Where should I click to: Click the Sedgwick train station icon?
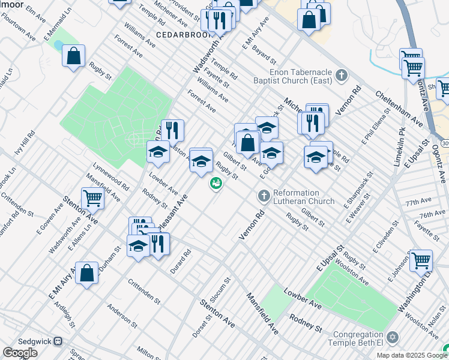tap(58, 341)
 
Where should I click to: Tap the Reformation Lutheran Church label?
tap(303, 197)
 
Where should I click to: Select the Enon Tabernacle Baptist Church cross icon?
tap(342, 75)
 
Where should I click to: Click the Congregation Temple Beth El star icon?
tap(393, 337)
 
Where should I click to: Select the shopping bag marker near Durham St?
tap(87, 273)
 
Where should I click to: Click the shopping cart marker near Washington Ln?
tap(420, 259)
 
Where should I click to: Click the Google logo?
tap(20, 353)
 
